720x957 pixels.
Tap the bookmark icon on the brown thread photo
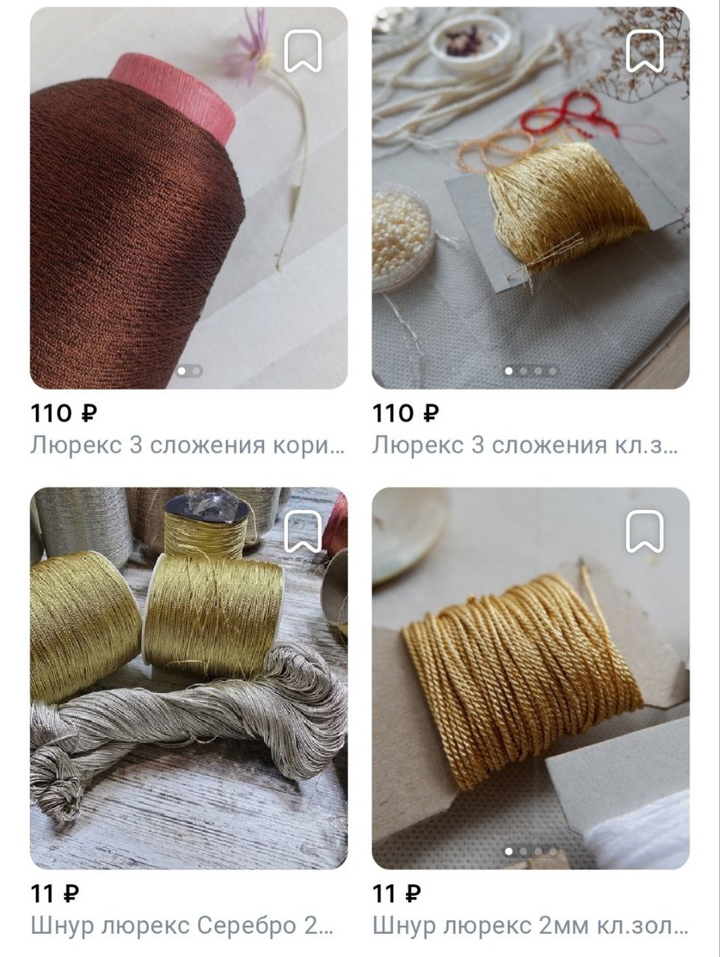[x=303, y=51]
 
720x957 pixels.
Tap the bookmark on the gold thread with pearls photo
[x=645, y=51]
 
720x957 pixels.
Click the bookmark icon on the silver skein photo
[x=303, y=531]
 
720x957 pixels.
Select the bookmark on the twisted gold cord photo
[x=645, y=531]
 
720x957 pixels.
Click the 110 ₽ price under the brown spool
[x=64, y=413]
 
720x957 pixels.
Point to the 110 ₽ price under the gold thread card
[x=406, y=413]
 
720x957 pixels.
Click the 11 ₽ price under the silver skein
[x=55, y=893]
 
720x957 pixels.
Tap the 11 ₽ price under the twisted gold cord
[x=397, y=893]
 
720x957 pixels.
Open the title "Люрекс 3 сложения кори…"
[x=188, y=445]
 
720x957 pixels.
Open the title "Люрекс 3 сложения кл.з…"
[x=525, y=445]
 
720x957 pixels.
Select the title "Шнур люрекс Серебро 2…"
[x=182, y=926]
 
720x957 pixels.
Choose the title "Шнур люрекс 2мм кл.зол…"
[x=530, y=926]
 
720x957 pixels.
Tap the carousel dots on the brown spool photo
[x=189, y=371]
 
